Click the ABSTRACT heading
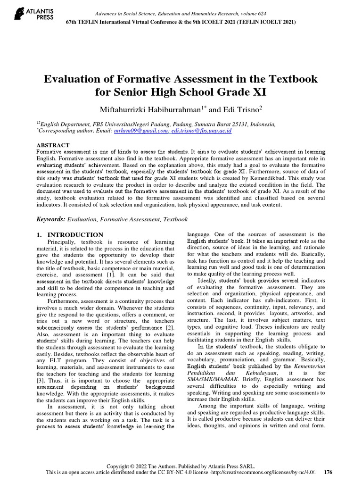pyautogui.click(x=53, y=145)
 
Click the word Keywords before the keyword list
pyautogui.click(x=50, y=219)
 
